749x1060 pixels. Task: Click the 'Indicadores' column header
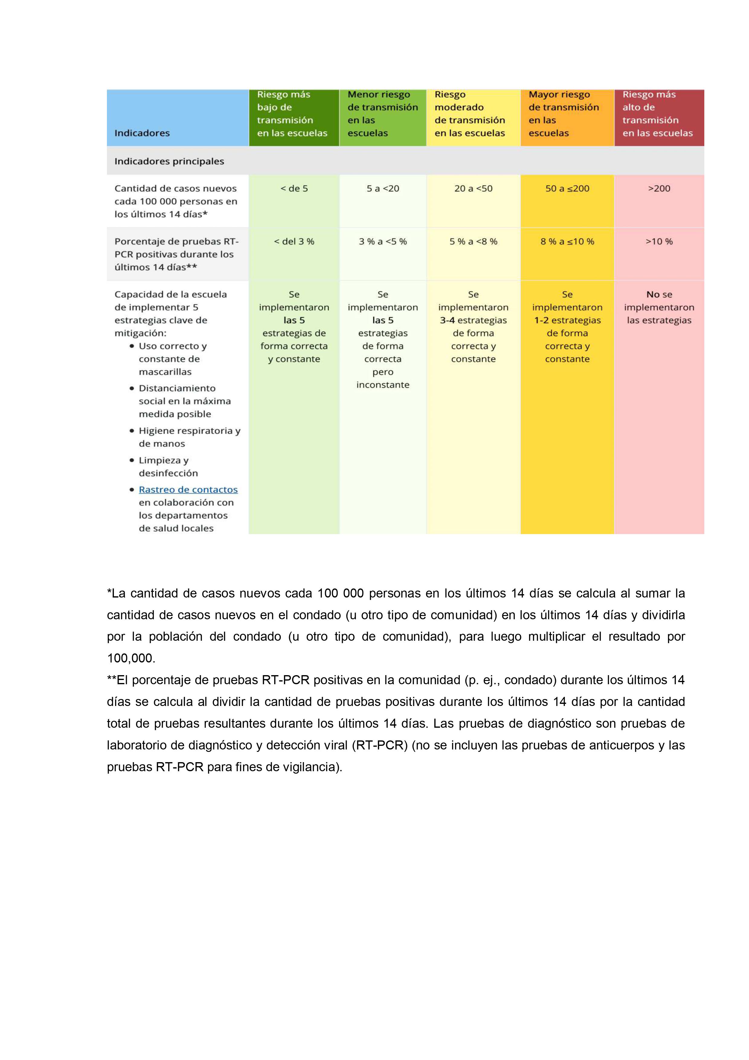pos(142,133)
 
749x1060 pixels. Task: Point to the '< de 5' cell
pos(294,188)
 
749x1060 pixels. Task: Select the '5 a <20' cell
pos(383,188)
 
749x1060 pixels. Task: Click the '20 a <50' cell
pos(473,188)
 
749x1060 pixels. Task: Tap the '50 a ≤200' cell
pos(567,188)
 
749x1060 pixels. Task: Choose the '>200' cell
pos(659,188)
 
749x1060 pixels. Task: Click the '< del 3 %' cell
pos(294,241)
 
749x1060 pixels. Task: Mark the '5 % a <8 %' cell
pos(473,241)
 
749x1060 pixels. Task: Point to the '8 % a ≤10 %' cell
pos(567,241)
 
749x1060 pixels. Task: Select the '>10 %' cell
pos(659,241)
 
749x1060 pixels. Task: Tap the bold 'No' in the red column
pos(653,295)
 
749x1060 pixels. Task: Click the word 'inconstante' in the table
pos(383,385)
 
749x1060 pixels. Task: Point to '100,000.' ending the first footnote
pos(131,658)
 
